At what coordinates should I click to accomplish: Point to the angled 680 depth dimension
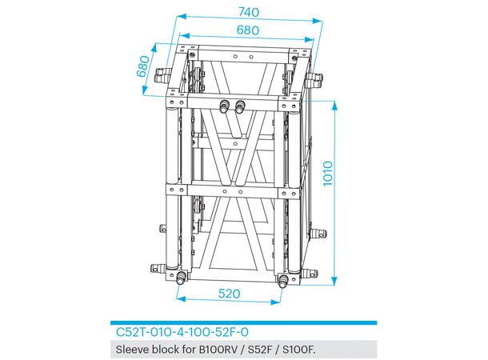pyautogui.click(x=145, y=66)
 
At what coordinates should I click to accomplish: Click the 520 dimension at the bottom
pyautogui.click(x=230, y=294)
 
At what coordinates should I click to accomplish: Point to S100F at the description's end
pyautogui.click(x=296, y=349)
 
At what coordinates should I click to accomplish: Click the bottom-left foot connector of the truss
pyautogui.click(x=182, y=278)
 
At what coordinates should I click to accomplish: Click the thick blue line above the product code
pyautogui.click(x=243, y=322)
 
